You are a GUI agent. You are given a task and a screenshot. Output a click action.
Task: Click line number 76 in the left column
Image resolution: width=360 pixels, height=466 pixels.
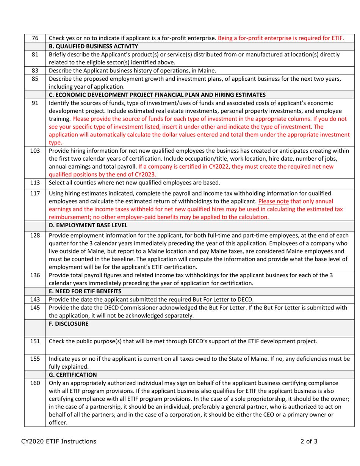point(35,38)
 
